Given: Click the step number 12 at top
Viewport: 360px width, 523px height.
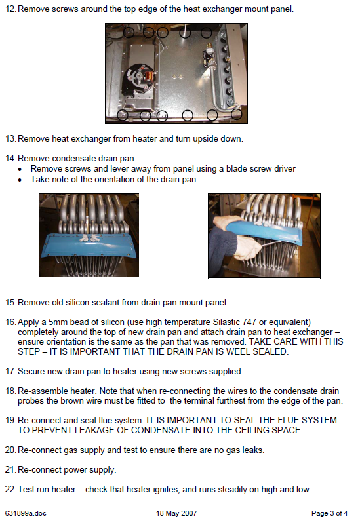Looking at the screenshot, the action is click(10, 9).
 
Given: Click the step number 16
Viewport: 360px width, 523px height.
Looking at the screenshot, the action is click(10, 322).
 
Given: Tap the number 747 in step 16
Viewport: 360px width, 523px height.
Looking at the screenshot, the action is click(249, 322).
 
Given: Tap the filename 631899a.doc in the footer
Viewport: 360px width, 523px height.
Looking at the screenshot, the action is click(26, 513).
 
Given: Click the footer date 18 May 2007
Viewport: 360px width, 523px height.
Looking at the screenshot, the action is click(176, 513).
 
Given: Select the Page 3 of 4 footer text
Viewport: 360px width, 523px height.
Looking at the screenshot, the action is click(329, 513).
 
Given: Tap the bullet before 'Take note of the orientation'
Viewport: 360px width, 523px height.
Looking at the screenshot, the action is click(20, 180).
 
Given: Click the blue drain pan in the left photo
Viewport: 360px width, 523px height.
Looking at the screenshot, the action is click(89, 245).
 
